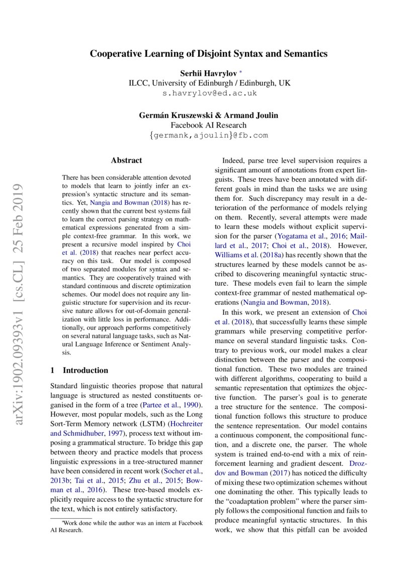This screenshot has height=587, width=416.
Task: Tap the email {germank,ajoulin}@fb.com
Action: [x=209, y=135]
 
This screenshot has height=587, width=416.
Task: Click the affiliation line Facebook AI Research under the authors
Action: [x=209, y=125]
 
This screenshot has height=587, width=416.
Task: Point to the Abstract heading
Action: [x=126, y=161]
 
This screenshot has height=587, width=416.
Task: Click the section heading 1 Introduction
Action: [x=79, y=371]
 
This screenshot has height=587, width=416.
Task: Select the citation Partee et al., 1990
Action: [x=171, y=405]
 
